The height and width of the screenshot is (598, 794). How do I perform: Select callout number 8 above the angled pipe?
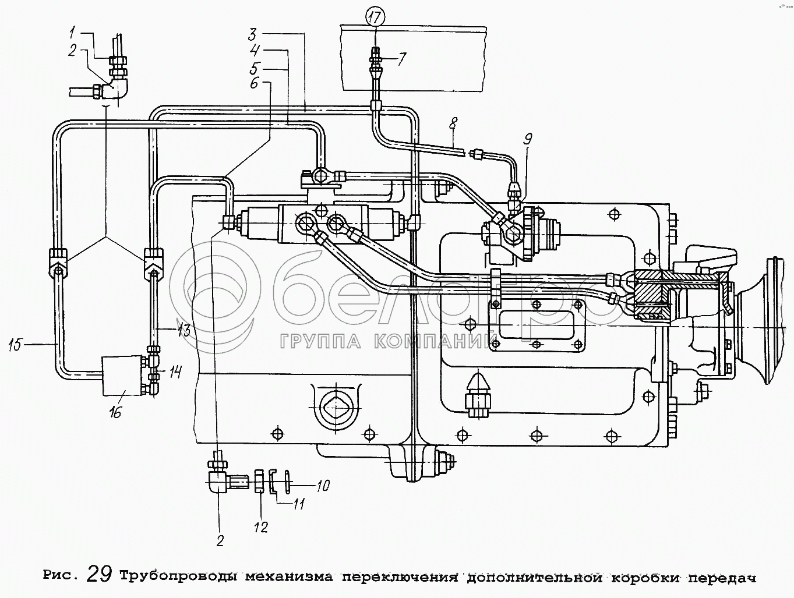(454, 124)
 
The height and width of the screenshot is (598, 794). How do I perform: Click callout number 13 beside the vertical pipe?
(184, 331)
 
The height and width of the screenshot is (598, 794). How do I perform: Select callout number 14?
(176, 371)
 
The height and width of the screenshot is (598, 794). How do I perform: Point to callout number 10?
(323, 484)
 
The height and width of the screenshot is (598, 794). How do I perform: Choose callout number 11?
(298, 503)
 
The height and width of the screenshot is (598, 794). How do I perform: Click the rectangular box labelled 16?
(122, 376)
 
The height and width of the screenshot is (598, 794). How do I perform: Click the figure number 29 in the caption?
(99, 575)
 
